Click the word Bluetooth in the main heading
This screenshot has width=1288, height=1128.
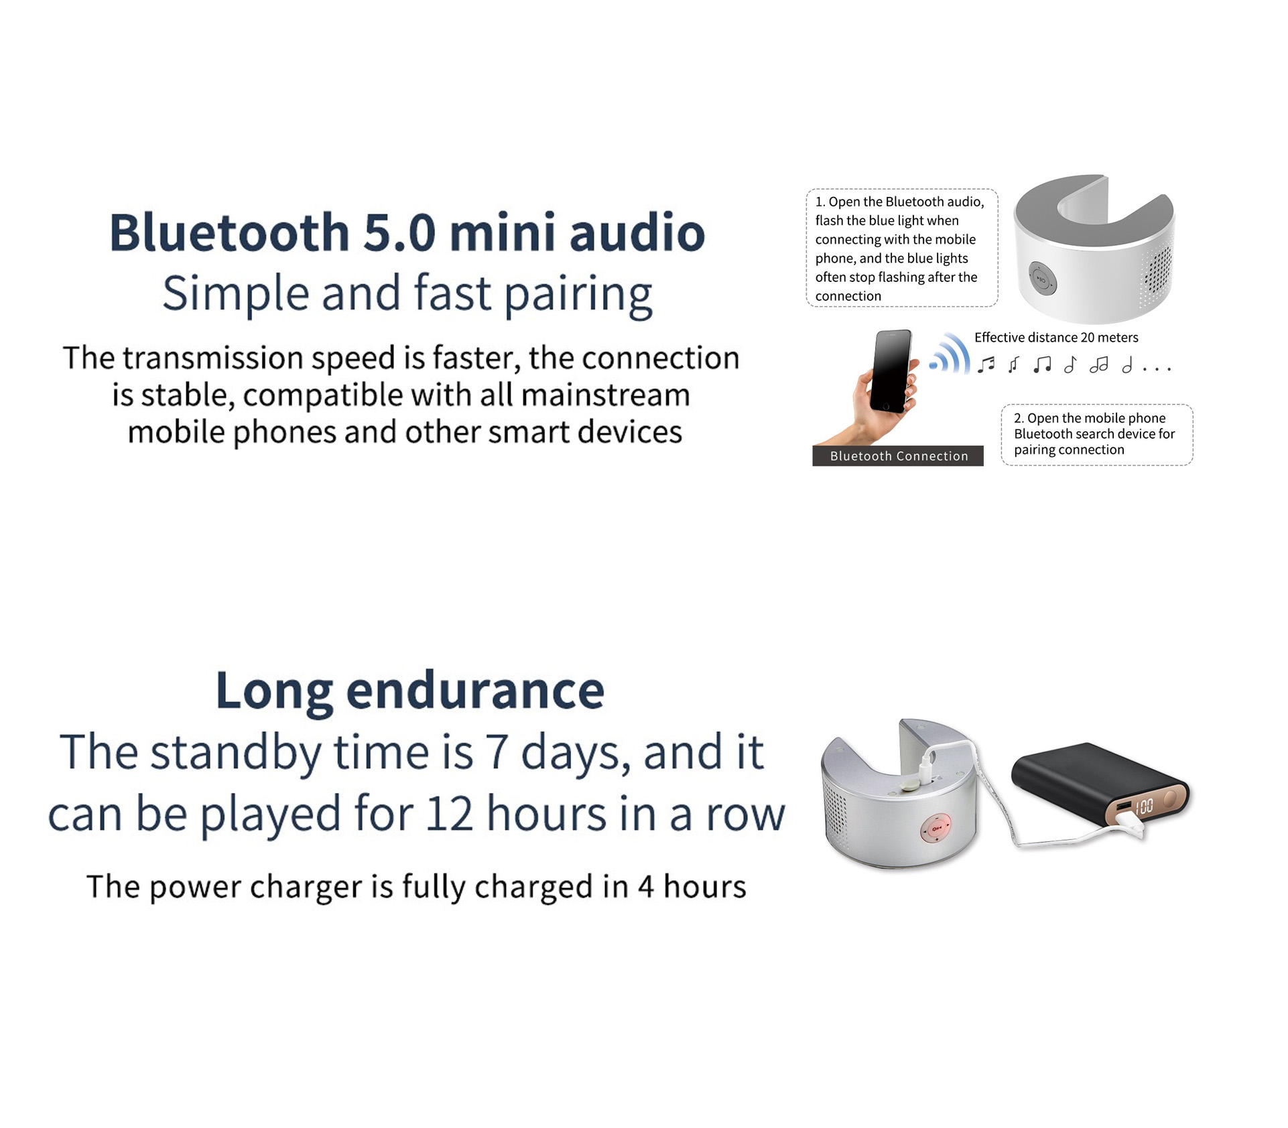229,233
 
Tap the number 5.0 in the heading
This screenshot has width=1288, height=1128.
399,233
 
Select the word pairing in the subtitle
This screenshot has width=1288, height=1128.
578,295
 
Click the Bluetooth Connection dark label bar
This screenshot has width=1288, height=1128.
898,455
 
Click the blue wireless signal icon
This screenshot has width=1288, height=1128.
950,354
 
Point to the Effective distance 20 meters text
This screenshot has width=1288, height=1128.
1056,338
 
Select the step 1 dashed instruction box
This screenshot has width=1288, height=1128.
902,248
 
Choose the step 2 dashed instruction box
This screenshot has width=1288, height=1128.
1097,434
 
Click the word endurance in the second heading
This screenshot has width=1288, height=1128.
475,690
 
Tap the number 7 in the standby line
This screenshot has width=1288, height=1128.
497,752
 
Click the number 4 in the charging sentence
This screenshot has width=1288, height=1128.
645,886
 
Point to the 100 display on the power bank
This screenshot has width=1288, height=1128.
1144,805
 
